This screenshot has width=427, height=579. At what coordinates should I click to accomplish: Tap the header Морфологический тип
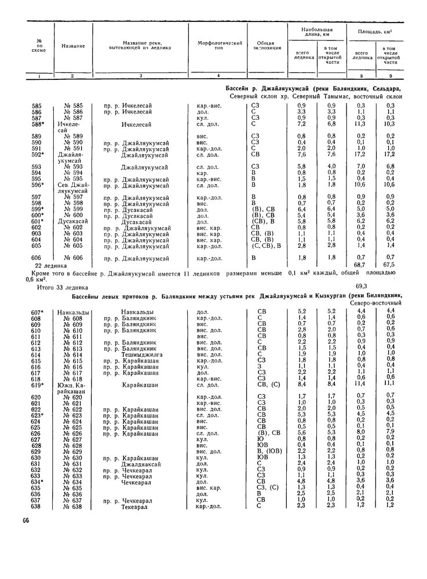(x=218, y=46)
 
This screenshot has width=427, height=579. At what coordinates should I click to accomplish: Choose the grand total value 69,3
(x=359, y=285)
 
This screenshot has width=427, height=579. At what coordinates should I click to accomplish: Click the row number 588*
(x=38, y=123)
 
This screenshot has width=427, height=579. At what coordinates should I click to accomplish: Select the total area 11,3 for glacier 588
(x=360, y=123)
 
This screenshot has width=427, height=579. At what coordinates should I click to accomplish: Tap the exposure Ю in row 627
(x=261, y=438)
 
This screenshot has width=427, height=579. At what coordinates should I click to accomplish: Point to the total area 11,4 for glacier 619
(x=360, y=384)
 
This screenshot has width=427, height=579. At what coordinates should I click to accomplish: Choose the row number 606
(x=37, y=258)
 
